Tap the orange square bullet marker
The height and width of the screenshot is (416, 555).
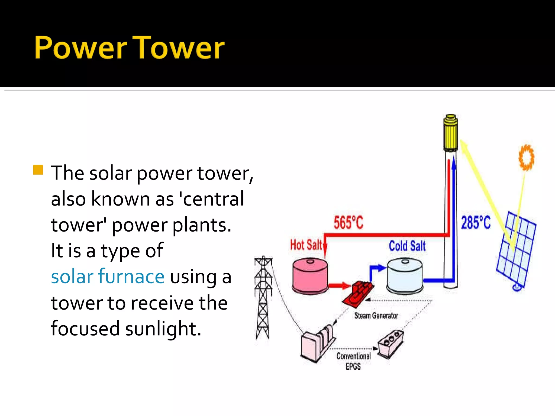tap(38, 170)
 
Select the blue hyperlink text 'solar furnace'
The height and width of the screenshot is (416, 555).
tap(108, 277)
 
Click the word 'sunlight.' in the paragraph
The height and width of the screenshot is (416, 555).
tap(163, 329)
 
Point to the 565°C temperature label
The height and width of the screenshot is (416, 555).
tap(348, 223)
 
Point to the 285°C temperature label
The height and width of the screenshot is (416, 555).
tap(476, 223)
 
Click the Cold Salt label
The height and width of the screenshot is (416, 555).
tap(407, 246)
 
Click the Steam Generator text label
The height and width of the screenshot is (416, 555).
tap(376, 316)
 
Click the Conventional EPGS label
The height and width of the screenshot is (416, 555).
tap(353, 361)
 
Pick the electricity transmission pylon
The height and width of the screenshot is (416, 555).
tap(263, 298)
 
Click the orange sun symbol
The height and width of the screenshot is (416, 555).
tap(526, 157)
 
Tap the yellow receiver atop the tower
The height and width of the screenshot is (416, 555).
tap(450, 133)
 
